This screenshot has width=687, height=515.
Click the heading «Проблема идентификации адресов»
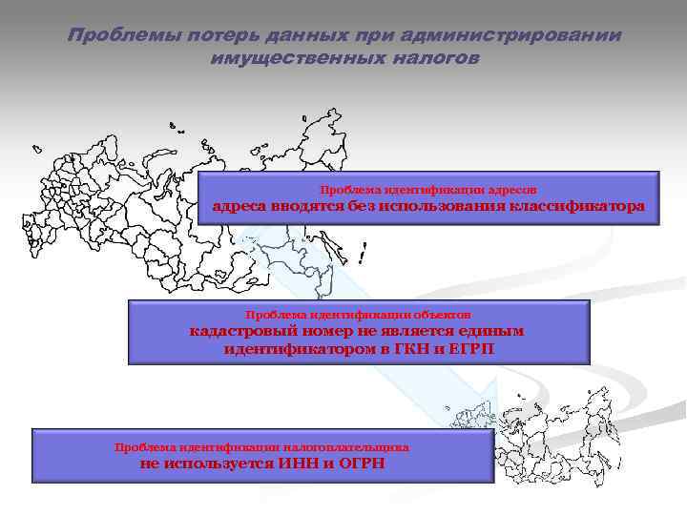434,190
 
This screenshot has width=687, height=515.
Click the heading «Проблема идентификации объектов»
358,314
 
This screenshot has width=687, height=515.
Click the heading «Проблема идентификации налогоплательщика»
261,446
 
